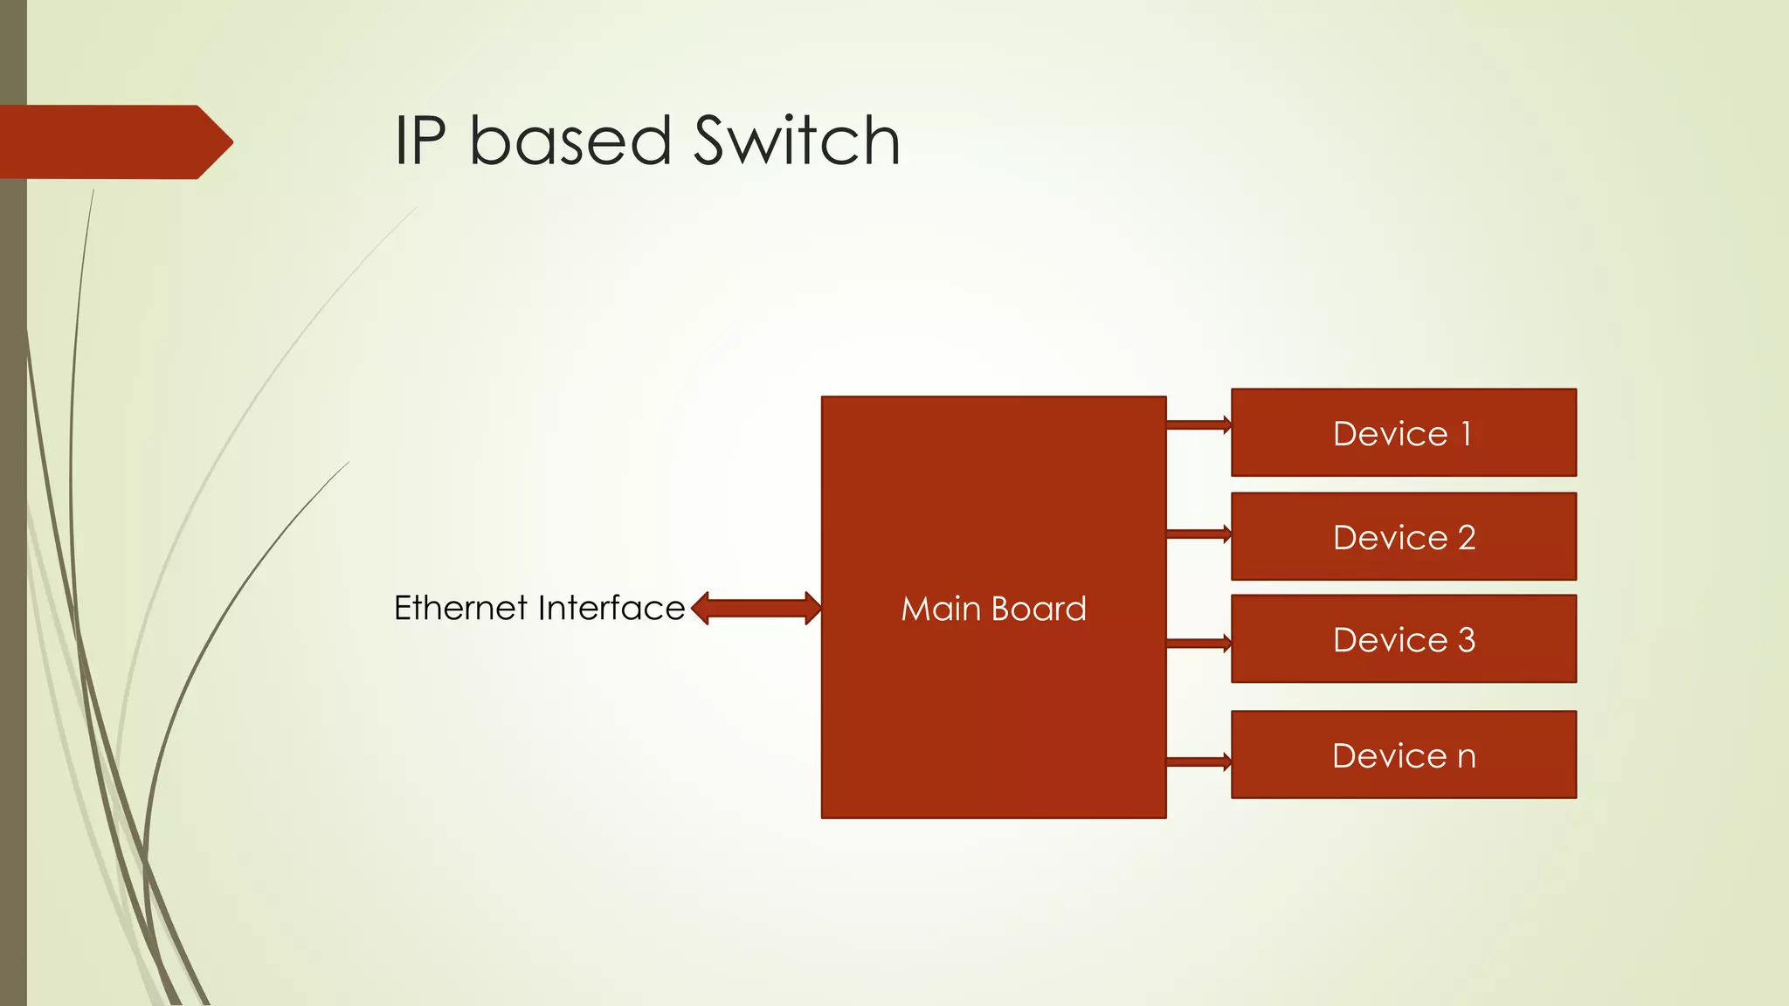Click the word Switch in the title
tap(796, 141)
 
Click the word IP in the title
tap(420, 141)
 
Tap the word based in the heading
tap(570, 141)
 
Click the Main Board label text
tap(993, 609)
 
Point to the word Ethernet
tap(460, 608)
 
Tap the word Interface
tap(611, 608)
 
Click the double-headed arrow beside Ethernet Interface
tap(756, 609)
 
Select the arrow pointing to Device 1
tap(1198, 425)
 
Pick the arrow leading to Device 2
tap(1198, 534)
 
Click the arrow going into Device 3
tap(1198, 644)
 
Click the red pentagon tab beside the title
tap(114, 142)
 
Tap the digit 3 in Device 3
tap(1467, 640)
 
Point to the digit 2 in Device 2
tap(1467, 538)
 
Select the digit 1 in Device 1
tap(1467, 434)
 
